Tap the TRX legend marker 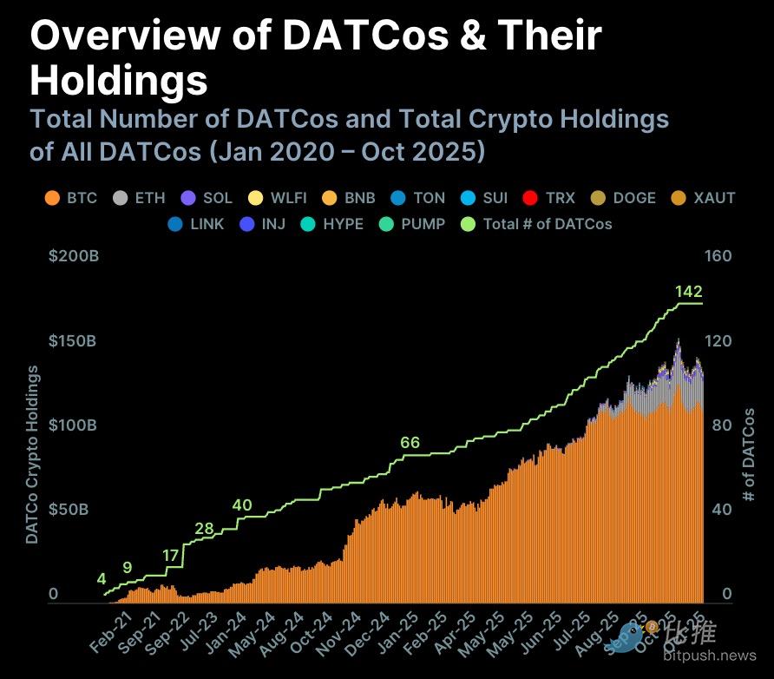click(530, 198)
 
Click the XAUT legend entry click(702, 198)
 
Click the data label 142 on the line click(688, 291)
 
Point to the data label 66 click(410, 443)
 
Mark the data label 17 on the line click(171, 555)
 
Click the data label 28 click(204, 529)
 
